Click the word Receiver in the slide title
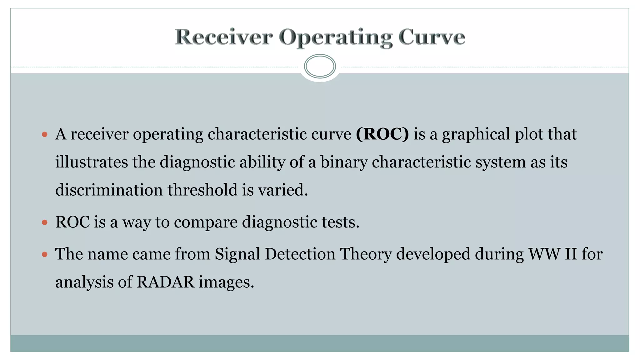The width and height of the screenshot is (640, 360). (223, 37)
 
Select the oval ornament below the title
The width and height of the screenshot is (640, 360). (320, 66)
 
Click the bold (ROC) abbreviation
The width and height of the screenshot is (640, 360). (382, 134)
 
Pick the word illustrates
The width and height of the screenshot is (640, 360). (92, 162)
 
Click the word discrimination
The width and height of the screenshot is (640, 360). (109, 190)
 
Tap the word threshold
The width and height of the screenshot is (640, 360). (202, 190)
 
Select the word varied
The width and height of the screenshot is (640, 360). (282, 190)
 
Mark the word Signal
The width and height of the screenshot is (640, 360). (237, 254)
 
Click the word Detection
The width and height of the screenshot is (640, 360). (300, 254)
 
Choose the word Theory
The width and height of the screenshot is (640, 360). (366, 254)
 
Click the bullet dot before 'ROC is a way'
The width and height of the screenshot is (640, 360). (45, 222)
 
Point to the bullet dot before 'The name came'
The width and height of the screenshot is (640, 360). (45, 254)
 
